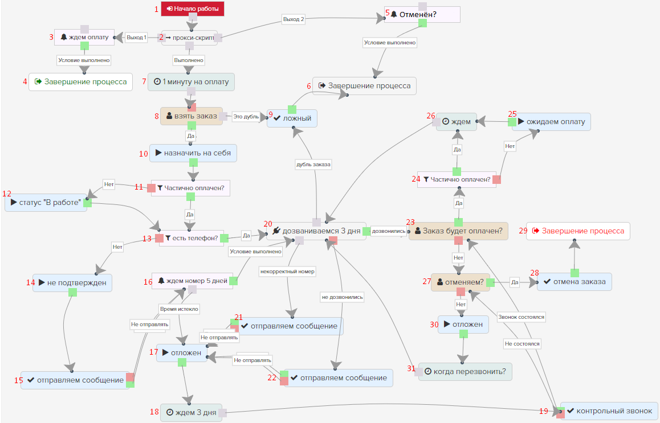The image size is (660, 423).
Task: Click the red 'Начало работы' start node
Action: pyautogui.click(x=193, y=9)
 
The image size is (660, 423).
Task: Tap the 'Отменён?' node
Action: pyautogui.click(x=422, y=14)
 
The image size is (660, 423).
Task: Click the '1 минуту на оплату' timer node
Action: pyautogui.click(x=191, y=81)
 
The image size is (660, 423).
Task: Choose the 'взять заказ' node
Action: pyautogui.click(x=191, y=116)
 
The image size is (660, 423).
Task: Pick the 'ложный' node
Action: pyautogui.click(x=292, y=118)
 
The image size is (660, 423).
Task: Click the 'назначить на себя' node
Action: pyautogui.click(x=193, y=153)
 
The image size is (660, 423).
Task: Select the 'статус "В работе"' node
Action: pyautogui.click(x=46, y=202)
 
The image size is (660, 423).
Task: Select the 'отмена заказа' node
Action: pyautogui.click(x=575, y=281)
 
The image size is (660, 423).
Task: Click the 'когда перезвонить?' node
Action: pyautogui.click(x=465, y=371)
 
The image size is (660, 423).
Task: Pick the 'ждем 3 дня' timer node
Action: pyautogui.click(x=190, y=412)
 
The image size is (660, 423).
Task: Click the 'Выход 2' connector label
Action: pyautogui.click(x=294, y=19)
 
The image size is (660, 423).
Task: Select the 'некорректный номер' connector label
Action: pyautogui.click(x=287, y=271)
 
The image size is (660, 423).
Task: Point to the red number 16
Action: pyautogui.click(x=148, y=281)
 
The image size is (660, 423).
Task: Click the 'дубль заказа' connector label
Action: pyautogui.click(x=313, y=165)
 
